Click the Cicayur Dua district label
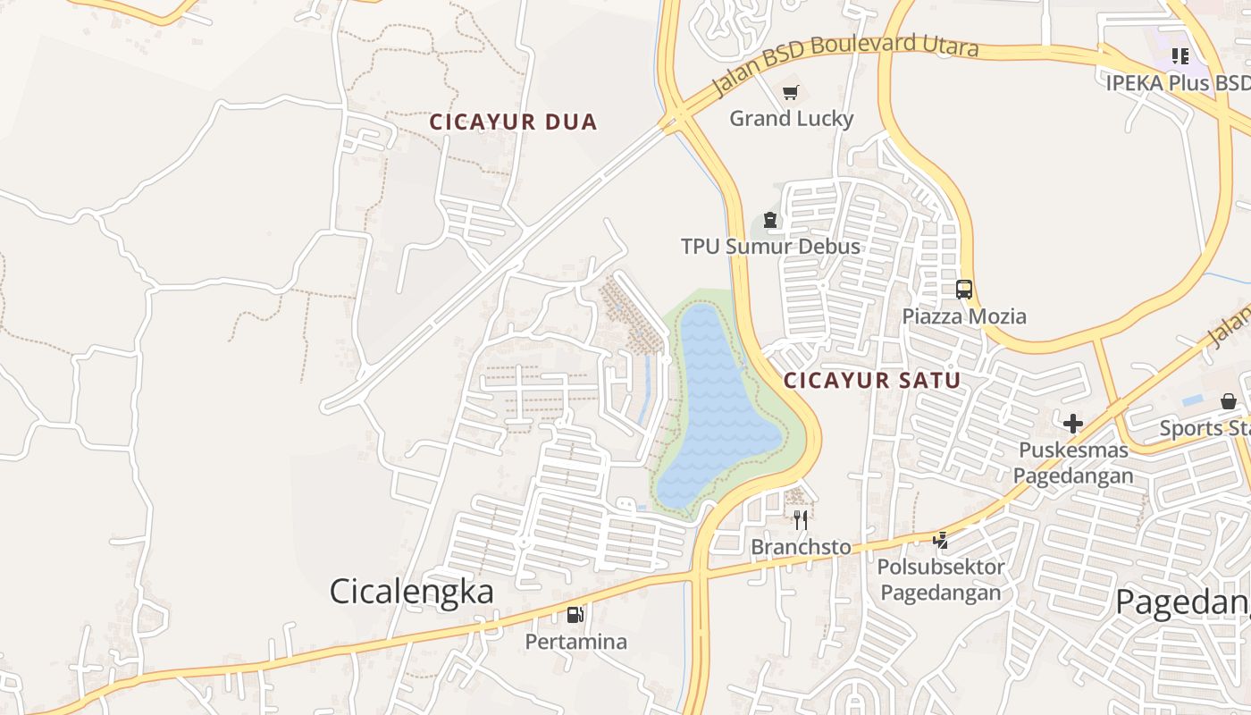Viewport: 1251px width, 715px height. coord(513,122)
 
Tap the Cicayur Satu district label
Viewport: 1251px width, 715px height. coord(872,381)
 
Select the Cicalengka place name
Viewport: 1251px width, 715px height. coord(411,592)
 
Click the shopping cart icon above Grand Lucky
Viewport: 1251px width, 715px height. coord(790,93)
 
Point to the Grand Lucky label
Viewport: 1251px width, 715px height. coord(791,119)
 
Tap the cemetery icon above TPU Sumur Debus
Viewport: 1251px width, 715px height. coord(769,220)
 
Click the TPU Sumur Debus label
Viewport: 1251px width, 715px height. coord(770,247)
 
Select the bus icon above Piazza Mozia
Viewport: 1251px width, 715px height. coord(963,290)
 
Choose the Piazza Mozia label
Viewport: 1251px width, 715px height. coord(963,316)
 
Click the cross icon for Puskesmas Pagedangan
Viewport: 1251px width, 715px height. coord(1072,423)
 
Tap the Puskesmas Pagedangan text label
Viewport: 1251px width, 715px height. coord(1072,462)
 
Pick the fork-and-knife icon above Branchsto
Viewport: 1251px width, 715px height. coord(801,519)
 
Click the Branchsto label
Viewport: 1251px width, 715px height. coord(801,546)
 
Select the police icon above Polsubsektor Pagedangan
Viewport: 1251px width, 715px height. coord(940,540)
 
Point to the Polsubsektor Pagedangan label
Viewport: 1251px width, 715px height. coord(940,579)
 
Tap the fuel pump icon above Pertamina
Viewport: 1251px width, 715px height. coord(575,615)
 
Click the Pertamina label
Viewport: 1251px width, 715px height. coord(575,642)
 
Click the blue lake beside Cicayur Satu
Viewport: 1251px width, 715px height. coord(715,402)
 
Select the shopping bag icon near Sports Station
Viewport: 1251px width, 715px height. coord(1229,401)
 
